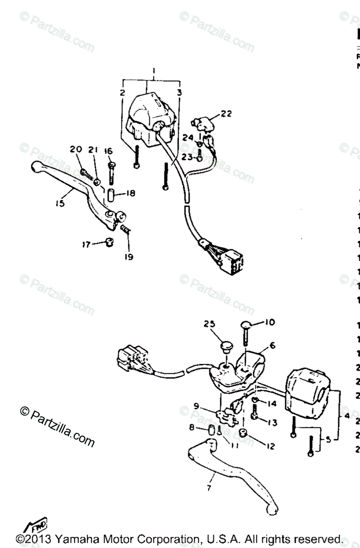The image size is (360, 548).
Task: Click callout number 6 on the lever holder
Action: pyautogui.click(x=272, y=347)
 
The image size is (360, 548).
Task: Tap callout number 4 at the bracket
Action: pyautogui.click(x=347, y=416)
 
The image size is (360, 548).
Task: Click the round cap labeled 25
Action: pyautogui.click(x=224, y=345)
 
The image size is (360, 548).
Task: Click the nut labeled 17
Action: pyautogui.click(x=109, y=242)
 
